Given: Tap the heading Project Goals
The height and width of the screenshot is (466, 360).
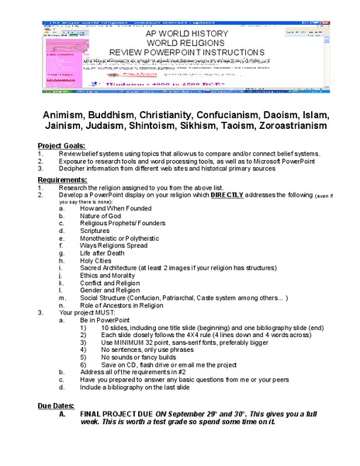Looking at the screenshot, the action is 62,146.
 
